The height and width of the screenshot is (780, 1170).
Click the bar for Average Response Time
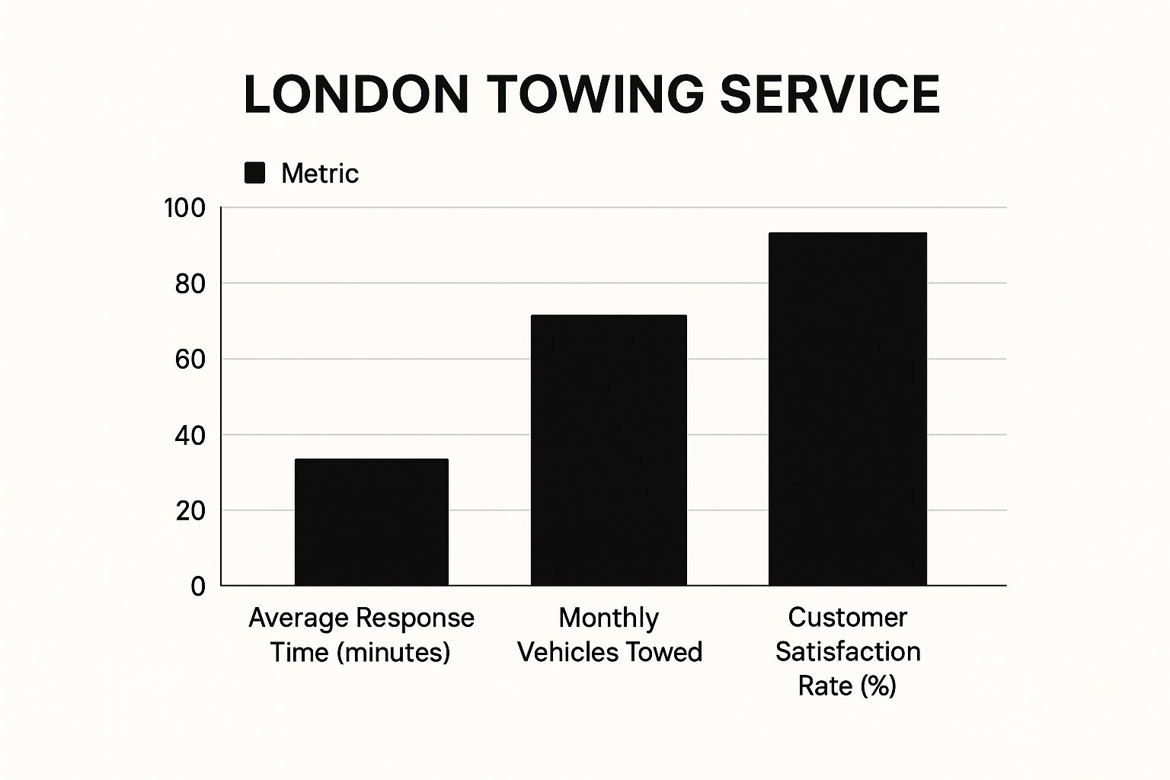(x=371, y=523)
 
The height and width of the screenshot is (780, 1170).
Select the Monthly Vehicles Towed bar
(x=609, y=450)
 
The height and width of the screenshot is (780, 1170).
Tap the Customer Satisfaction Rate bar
(x=847, y=409)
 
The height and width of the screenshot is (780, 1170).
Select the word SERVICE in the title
(x=830, y=95)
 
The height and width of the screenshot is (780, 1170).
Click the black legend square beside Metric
(x=254, y=174)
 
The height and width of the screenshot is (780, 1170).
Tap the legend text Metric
(x=319, y=174)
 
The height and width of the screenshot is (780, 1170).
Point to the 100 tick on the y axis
(x=185, y=208)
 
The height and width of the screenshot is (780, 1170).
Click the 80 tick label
(x=190, y=284)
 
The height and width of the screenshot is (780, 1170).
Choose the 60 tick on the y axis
(x=190, y=360)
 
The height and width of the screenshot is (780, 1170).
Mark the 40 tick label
(x=190, y=436)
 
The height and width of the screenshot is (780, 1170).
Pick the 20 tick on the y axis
(x=190, y=511)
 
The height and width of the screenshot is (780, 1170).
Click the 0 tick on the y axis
(x=198, y=587)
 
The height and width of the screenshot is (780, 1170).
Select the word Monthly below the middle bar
(x=609, y=618)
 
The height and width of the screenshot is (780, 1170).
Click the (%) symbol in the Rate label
(x=878, y=686)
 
